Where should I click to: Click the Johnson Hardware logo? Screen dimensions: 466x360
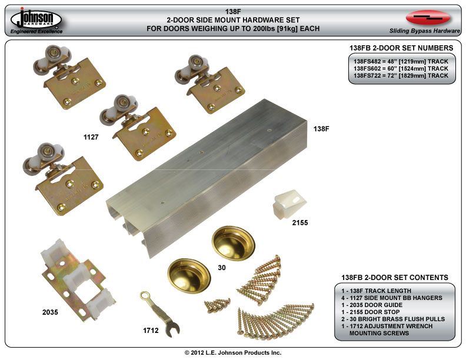click(36, 20)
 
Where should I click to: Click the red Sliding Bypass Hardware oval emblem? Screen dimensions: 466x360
click(428, 18)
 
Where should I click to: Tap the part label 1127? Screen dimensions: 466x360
click(91, 137)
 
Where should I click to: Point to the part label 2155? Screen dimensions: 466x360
click(300, 222)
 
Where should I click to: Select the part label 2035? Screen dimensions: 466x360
click(50, 312)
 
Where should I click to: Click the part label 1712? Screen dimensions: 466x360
click(151, 331)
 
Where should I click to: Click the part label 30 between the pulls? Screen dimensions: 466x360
click(222, 268)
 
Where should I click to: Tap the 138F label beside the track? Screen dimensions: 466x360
click(321, 129)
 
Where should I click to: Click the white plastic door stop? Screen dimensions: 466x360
click(289, 204)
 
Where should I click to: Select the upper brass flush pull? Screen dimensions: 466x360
click(234, 243)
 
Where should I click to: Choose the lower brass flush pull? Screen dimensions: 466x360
click(189, 276)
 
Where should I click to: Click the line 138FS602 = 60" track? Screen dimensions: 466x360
click(401, 69)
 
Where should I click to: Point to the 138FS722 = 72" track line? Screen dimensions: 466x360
click(401, 76)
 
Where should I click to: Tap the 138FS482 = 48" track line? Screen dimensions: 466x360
click(401, 62)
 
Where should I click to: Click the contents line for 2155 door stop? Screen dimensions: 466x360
click(370, 312)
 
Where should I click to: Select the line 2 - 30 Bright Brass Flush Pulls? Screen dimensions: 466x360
click(393, 319)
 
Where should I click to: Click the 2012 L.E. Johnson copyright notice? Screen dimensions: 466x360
click(233, 352)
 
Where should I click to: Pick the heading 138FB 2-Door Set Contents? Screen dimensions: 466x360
click(395, 278)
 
